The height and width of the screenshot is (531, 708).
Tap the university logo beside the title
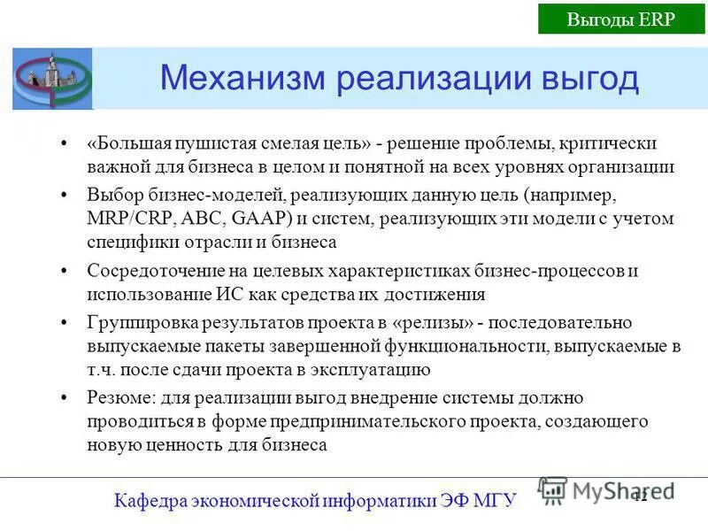tap(51, 79)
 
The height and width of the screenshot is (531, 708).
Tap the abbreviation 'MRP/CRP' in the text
tap(124, 218)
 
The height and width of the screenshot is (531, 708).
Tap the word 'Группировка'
tap(135, 322)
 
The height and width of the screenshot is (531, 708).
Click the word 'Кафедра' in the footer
tap(149, 501)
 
